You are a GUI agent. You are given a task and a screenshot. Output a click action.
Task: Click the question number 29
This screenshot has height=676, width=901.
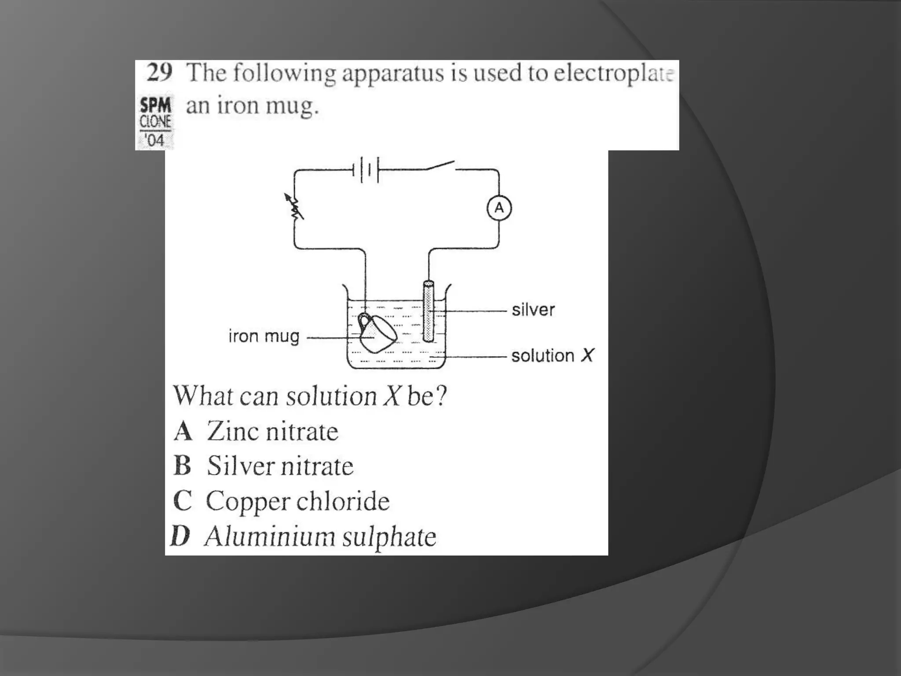click(x=159, y=73)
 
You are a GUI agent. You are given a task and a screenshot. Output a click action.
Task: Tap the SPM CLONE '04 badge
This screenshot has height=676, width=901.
click(x=155, y=122)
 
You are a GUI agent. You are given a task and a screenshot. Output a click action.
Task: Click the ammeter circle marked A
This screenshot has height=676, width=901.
click(x=499, y=208)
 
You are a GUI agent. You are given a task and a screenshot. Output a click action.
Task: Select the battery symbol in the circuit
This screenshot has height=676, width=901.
click(x=366, y=169)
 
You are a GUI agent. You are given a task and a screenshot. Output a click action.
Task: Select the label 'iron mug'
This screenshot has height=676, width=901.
click(x=264, y=337)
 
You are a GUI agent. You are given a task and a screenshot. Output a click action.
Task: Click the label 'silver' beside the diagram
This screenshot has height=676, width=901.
click(x=533, y=310)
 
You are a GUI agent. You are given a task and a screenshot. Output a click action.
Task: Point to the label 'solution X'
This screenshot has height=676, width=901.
click(x=552, y=355)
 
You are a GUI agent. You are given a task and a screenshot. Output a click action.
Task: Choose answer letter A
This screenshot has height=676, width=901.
click(x=183, y=431)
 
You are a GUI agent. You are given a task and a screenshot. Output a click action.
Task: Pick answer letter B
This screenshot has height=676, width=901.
click(x=183, y=466)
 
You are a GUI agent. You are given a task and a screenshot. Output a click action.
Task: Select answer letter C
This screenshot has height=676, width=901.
click(x=183, y=501)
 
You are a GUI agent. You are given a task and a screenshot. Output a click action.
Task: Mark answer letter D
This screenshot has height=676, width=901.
click(x=180, y=536)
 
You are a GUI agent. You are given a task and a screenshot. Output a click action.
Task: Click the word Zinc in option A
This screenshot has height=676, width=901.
click(x=232, y=431)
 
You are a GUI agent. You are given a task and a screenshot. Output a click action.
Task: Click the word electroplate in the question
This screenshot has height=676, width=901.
click(x=613, y=73)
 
